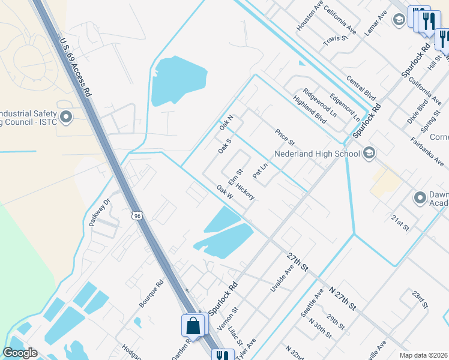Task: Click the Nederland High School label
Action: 317,153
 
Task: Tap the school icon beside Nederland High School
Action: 369,153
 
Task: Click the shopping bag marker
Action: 193,326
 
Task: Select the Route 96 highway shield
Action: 137,215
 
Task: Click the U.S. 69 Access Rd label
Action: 75,68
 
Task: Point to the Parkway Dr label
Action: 100,213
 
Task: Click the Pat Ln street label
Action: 259,172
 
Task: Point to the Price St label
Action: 285,137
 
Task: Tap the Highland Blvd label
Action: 310,109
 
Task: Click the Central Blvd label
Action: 361,87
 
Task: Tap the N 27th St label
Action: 343,298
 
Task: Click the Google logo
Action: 20,353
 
